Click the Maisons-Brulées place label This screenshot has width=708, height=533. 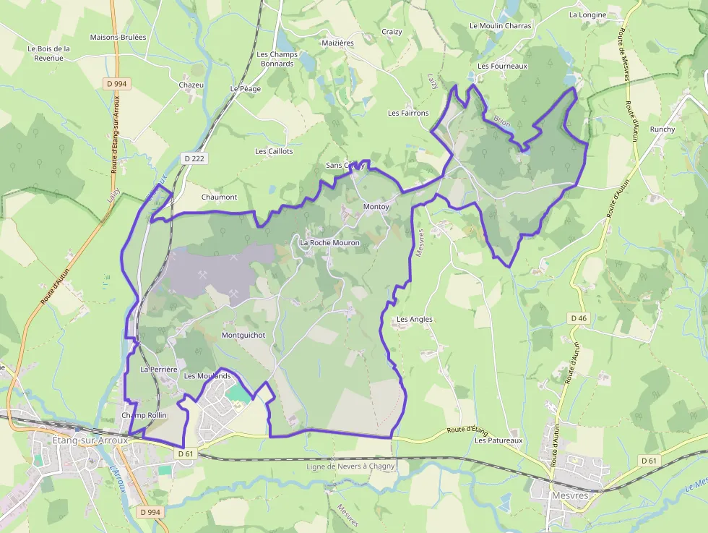point(118,37)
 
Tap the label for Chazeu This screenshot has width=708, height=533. point(191,85)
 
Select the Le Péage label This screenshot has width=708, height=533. point(244,88)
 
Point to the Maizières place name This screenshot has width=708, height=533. point(338,43)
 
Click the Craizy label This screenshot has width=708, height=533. point(392,32)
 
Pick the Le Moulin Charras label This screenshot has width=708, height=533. point(500,25)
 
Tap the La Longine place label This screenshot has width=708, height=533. point(587,14)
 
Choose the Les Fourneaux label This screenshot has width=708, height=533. point(503,66)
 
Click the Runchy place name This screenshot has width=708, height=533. point(662,129)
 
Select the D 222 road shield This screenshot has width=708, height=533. point(194,158)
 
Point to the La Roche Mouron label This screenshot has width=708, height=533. point(329,242)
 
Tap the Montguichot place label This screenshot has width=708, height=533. point(243,336)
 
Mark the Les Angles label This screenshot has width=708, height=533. point(415,319)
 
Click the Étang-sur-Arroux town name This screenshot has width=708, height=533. point(79,440)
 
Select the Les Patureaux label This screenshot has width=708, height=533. point(498,440)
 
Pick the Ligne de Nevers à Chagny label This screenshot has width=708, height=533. point(350,466)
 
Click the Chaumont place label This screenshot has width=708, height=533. point(219,197)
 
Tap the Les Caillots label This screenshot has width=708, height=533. point(274,151)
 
